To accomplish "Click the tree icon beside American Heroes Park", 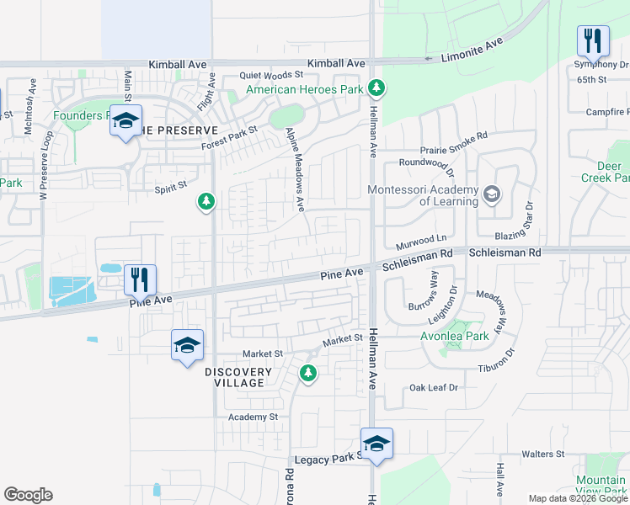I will (377, 88).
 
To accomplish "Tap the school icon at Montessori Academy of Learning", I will (490, 196).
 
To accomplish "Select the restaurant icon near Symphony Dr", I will (593, 41).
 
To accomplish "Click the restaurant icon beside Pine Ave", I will (141, 279).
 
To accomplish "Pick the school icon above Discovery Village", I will (187, 345).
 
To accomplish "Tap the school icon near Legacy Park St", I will (376, 444).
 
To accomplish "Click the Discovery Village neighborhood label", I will (238, 377).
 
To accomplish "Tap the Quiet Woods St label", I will (270, 75).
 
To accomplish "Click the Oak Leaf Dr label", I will (433, 387).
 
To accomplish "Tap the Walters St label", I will (542, 454).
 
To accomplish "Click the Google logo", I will (28, 495).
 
